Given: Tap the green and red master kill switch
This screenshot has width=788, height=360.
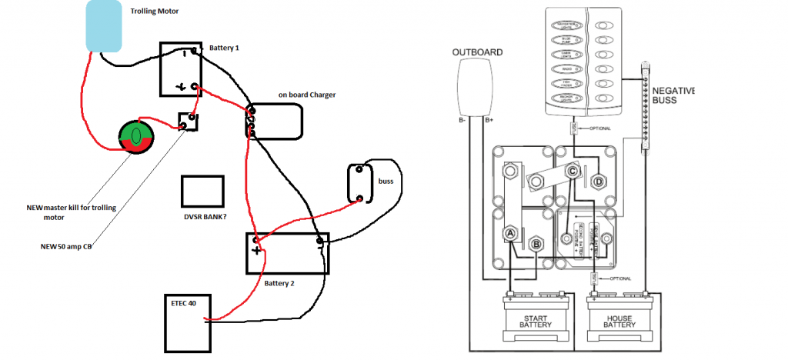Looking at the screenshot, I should [135, 139].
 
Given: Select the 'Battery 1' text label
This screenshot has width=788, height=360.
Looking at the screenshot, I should [225, 48].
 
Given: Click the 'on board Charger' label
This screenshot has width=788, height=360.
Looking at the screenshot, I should [307, 95].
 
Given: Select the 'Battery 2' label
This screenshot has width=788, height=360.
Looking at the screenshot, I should [279, 283].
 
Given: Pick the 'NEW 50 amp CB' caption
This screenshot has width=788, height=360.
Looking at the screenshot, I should [69, 248].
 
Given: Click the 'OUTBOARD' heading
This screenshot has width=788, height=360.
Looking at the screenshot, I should [477, 52].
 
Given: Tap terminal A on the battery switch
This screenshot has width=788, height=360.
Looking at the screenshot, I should [509, 233].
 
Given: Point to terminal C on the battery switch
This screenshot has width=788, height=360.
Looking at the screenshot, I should [573, 171].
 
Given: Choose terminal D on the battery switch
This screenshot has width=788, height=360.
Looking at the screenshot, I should [598, 183].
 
